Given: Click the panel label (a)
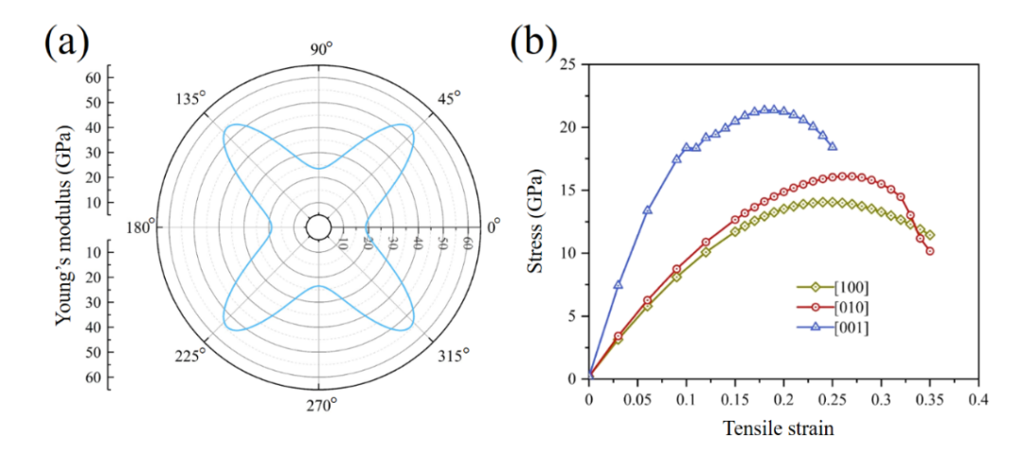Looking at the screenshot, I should coord(67,44).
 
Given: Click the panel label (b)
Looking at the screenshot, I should coord(536,44).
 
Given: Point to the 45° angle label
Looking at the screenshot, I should coord(445,99).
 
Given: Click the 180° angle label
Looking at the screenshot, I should coord(138,227).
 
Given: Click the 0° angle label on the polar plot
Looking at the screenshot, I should coord(493,227).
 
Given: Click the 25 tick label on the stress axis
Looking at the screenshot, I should coord(569,64).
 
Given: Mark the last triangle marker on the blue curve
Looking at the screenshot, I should coord(833,146).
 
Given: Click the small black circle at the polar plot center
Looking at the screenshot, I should coord(318,227).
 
